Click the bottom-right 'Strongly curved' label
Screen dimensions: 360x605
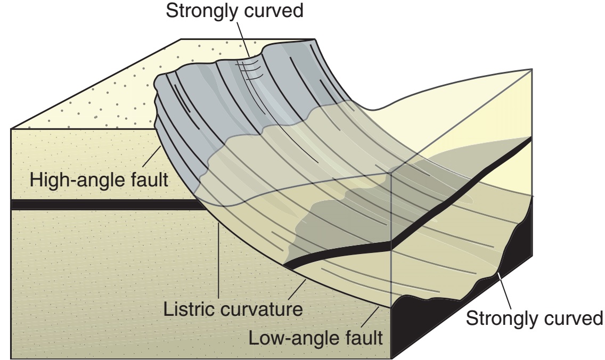tap(534, 318)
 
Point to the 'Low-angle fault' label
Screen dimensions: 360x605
tap(316, 337)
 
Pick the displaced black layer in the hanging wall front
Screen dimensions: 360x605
tap(341, 251)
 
